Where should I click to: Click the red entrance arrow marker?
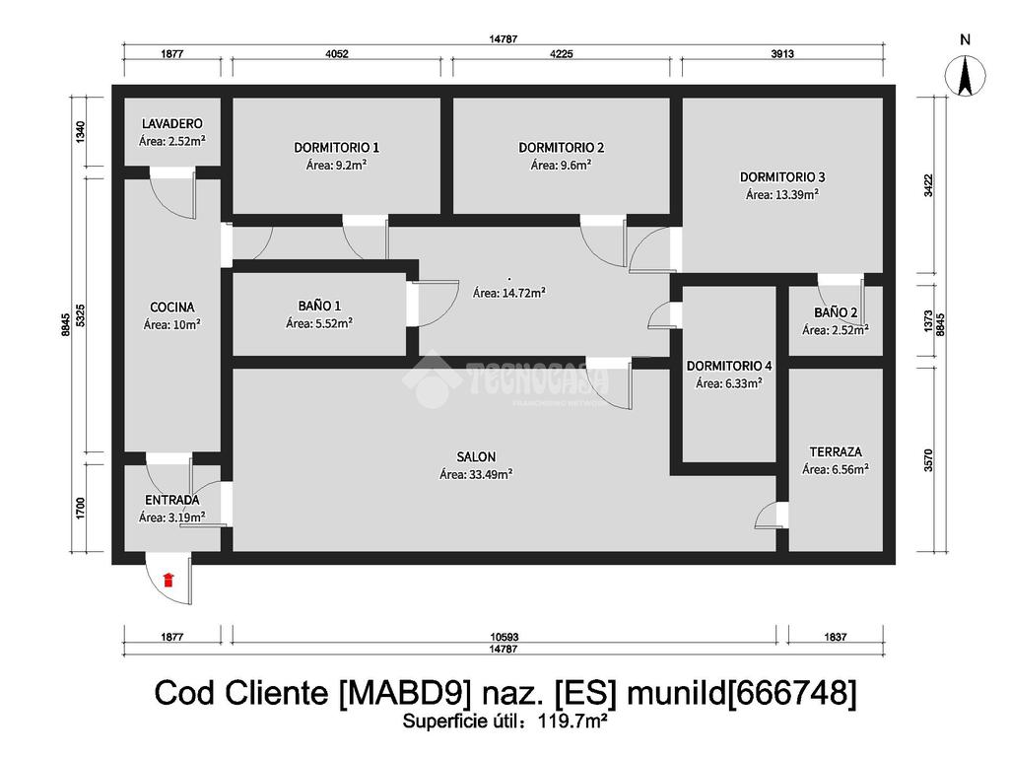(168, 580)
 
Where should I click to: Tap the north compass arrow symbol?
(965, 76)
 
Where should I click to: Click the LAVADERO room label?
(172, 123)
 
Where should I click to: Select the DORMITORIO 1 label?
(337, 148)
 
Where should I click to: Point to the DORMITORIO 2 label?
(561, 148)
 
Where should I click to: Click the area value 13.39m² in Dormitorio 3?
(796, 194)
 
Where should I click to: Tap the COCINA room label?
(171, 308)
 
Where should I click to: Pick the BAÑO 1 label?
(319, 306)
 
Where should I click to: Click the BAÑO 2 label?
(836, 312)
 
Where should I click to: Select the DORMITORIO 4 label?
(729, 366)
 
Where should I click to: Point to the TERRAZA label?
(836, 451)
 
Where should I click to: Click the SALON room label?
(476, 457)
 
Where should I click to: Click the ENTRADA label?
(171, 500)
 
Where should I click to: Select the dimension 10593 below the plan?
(504, 637)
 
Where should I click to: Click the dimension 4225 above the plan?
(561, 54)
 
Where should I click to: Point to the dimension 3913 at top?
(782, 54)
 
